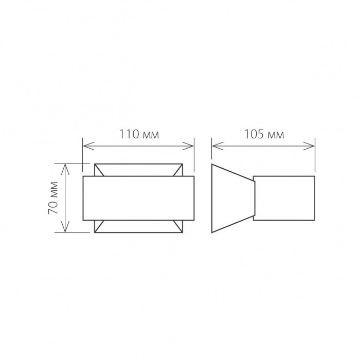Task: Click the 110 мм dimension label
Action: [x=139, y=135]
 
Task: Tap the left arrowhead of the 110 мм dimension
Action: [x=85, y=147]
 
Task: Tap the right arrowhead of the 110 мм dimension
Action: [x=191, y=147]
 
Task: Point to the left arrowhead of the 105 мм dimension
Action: [x=214, y=147]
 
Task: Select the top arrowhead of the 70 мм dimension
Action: [x=65, y=166]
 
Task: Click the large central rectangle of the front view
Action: [x=138, y=198]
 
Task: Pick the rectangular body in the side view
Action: [x=284, y=199]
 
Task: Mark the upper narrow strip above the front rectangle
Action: [x=138, y=170]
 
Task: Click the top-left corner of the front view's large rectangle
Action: [x=83, y=176]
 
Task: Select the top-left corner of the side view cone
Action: [x=212, y=165]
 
